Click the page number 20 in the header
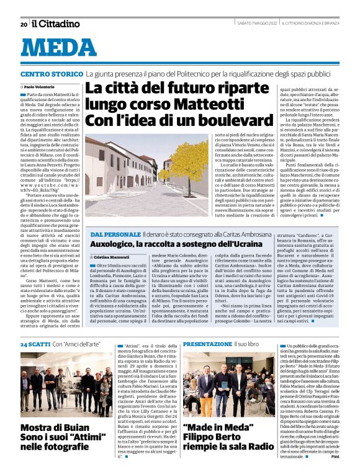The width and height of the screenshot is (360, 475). coord(23,24)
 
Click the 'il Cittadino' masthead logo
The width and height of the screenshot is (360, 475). coord(55,24)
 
